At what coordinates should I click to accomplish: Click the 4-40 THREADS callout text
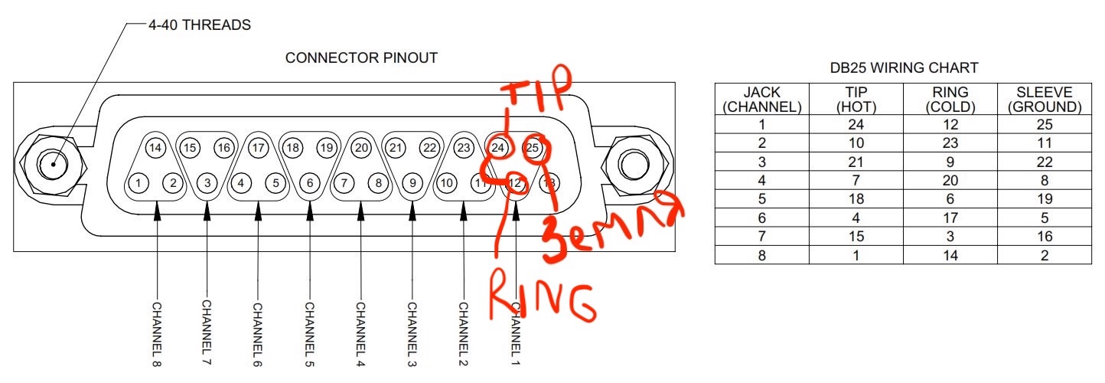[199, 25]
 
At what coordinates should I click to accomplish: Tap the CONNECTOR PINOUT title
[361, 58]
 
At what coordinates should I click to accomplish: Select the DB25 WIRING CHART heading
[904, 68]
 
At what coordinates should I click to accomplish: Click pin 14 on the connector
[156, 148]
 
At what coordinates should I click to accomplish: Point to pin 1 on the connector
[139, 183]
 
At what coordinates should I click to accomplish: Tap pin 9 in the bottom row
[412, 183]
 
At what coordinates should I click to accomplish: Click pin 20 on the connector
[362, 147]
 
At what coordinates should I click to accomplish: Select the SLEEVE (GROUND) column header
[1045, 100]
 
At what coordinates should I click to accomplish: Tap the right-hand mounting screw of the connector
[632, 164]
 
